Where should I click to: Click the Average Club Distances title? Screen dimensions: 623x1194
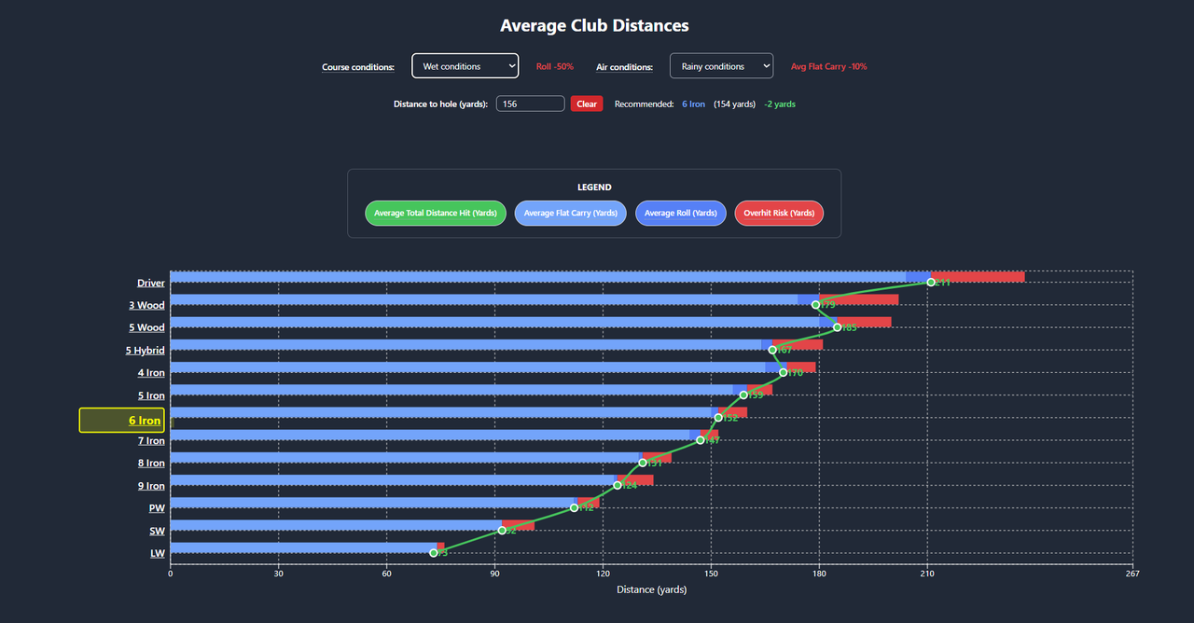(x=594, y=26)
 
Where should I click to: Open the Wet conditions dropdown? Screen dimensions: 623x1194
(x=465, y=66)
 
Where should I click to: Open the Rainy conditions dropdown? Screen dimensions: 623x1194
(x=721, y=66)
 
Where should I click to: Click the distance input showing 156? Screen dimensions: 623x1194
(x=530, y=104)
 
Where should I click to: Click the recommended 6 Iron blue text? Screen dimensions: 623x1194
(x=693, y=104)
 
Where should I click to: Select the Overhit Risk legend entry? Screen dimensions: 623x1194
(x=779, y=214)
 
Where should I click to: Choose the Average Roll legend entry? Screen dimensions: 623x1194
(x=681, y=214)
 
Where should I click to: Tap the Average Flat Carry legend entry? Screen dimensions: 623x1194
(x=571, y=214)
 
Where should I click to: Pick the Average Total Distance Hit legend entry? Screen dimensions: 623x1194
(x=436, y=214)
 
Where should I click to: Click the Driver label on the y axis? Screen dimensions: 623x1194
(x=150, y=284)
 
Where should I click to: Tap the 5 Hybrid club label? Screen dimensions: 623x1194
(x=146, y=351)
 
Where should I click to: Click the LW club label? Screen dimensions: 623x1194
(x=158, y=553)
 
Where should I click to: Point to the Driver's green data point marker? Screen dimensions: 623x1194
(x=931, y=283)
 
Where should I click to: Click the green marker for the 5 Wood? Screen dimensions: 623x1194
(x=838, y=327)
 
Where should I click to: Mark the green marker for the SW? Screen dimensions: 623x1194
(x=502, y=531)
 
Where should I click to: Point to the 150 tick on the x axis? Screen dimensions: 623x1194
(x=711, y=574)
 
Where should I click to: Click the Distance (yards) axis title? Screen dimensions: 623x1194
(x=651, y=589)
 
